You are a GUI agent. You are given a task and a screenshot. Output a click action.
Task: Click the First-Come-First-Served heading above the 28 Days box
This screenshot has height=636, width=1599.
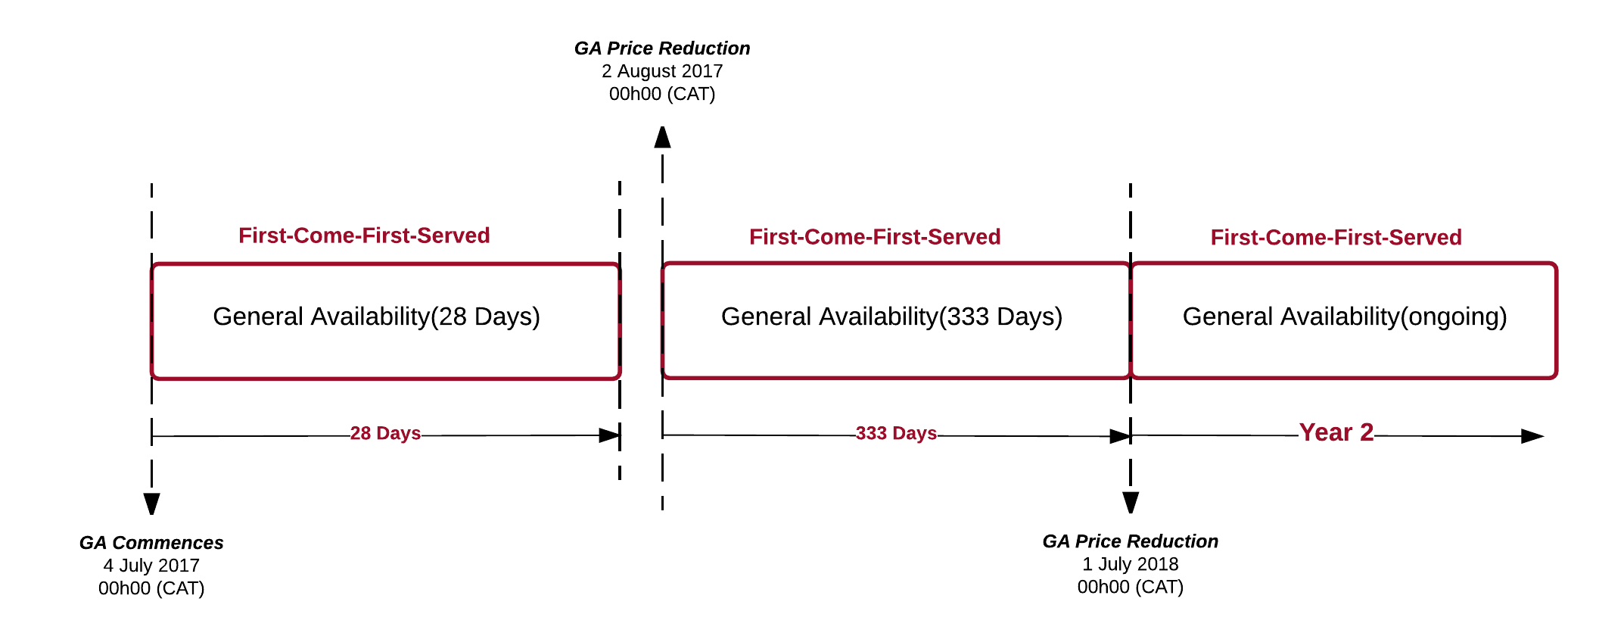[364, 235]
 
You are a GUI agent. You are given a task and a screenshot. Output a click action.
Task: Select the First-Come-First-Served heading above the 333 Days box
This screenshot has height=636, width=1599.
[875, 237]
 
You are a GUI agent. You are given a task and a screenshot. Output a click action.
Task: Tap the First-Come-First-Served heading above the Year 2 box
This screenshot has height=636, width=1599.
[1336, 238]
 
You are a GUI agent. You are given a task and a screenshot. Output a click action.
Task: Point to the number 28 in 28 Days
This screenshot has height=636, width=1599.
[360, 433]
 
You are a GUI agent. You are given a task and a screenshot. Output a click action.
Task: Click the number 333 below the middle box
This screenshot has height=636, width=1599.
[870, 433]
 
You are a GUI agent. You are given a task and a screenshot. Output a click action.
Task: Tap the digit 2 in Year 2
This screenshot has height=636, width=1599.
[1366, 432]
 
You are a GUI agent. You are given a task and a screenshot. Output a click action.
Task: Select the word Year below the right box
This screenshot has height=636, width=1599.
[1325, 432]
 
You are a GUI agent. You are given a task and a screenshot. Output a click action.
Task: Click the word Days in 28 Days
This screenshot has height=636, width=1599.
[398, 433]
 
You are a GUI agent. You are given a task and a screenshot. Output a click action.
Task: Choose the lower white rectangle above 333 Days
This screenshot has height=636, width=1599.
[894, 350]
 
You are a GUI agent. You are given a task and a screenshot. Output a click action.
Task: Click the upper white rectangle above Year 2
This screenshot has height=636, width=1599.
[1342, 287]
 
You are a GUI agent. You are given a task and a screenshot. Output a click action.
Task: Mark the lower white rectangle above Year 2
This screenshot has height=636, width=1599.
[1349, 350]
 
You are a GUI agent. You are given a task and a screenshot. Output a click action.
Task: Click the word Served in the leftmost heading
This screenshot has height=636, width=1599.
[453, 235]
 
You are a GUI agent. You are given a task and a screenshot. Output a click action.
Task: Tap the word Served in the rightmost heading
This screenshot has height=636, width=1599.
[1425, 238]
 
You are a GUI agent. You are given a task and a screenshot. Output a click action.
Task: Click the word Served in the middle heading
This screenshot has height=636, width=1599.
[964, 237]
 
